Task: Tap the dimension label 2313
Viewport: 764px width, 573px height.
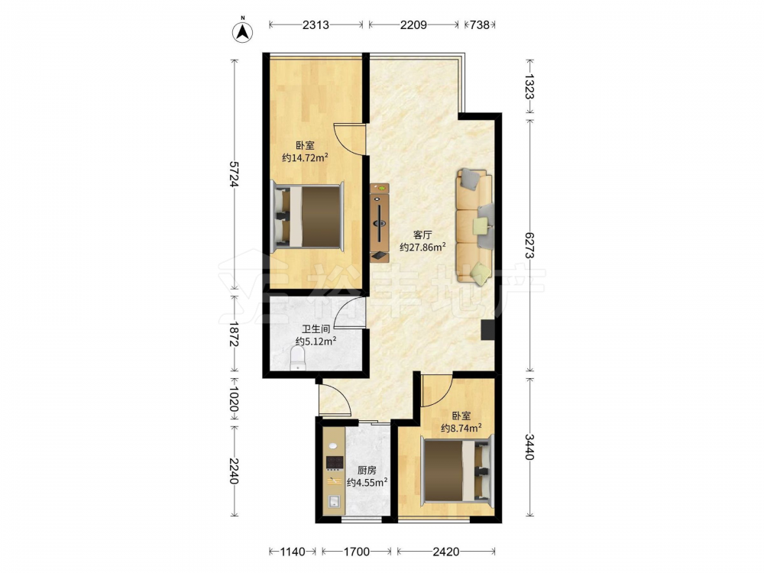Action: [316, 25]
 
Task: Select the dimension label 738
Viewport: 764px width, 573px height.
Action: [480, 25]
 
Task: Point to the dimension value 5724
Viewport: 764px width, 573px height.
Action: [235, 174]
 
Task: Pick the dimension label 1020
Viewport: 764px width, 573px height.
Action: [235, 400]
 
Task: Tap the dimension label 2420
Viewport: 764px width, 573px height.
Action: [446, 552]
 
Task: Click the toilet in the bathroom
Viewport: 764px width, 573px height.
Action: [297, 359]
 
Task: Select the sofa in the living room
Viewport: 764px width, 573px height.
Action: [474, 226]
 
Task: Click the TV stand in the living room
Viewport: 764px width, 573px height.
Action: [380, 222]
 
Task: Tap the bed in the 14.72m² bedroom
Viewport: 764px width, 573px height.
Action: [307, 216]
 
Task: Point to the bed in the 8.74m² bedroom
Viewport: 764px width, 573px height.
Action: [457, 470]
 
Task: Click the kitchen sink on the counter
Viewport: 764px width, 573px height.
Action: [334, 501]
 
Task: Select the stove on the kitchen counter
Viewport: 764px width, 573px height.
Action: [334, 462]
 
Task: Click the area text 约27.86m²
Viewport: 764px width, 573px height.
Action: [423, 247]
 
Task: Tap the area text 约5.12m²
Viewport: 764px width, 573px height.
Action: [316, 341]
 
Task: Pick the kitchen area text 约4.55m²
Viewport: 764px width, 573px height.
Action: [367, 482]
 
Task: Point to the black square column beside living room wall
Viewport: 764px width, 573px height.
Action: [487, 330]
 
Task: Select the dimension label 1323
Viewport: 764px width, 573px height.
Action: [529, 86]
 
